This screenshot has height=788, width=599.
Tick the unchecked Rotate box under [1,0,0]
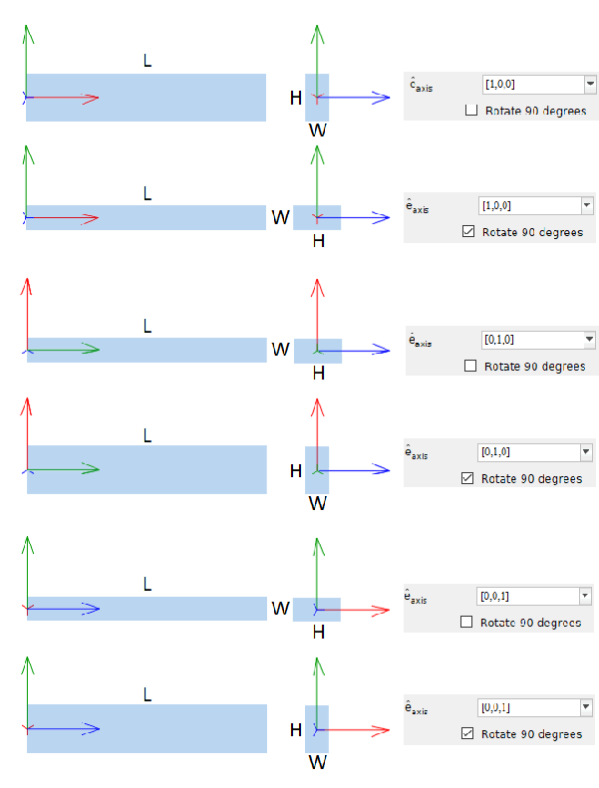(x=471, y=111)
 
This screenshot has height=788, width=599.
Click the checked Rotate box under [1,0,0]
(x=469, y=232)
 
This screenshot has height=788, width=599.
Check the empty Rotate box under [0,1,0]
(x=470, y=366)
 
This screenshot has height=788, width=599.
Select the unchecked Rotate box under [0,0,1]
(x=467, y=623)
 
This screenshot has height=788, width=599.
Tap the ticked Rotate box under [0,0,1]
(x=468, y=734)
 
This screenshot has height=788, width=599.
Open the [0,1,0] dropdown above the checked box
(x=585, y=452)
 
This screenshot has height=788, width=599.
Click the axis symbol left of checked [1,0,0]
(x=417, y=207)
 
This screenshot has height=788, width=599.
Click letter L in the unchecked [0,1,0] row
(x=147, y=326)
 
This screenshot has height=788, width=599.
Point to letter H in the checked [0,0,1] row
(x=295, y=730)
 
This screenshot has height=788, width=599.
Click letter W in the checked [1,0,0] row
(x=280, y=217)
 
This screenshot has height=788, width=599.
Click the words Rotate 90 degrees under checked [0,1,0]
(x=531, y=478)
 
